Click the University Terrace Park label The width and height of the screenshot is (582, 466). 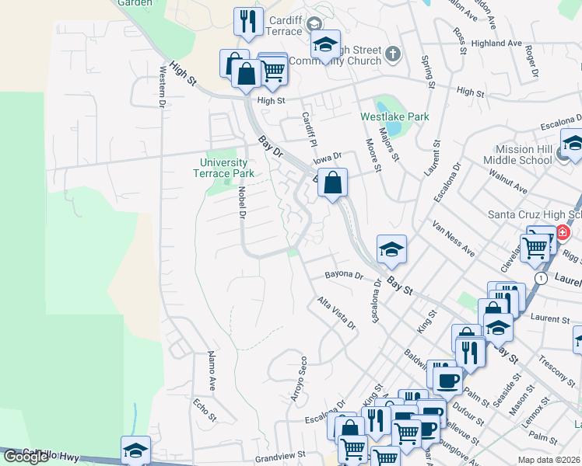coord(223,168)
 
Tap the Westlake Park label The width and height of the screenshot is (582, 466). coord(394,116)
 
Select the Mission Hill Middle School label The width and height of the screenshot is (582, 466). coord(520,155)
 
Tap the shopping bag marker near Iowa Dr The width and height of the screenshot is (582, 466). coord(332,183)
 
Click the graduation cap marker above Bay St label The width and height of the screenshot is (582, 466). coord(391,249)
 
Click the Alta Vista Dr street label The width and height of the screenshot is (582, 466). coord(336,311)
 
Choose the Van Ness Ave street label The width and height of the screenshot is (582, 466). coord(453,237)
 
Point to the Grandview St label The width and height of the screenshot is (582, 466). coord(281,458)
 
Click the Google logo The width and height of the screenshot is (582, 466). coord(26,456)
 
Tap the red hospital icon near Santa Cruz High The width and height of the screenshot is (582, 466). coord(563,232)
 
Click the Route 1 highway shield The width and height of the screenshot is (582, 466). coord(539,277)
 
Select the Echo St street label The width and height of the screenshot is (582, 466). coord(205,409)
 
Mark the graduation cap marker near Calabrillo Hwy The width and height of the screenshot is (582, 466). coord(135,450)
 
